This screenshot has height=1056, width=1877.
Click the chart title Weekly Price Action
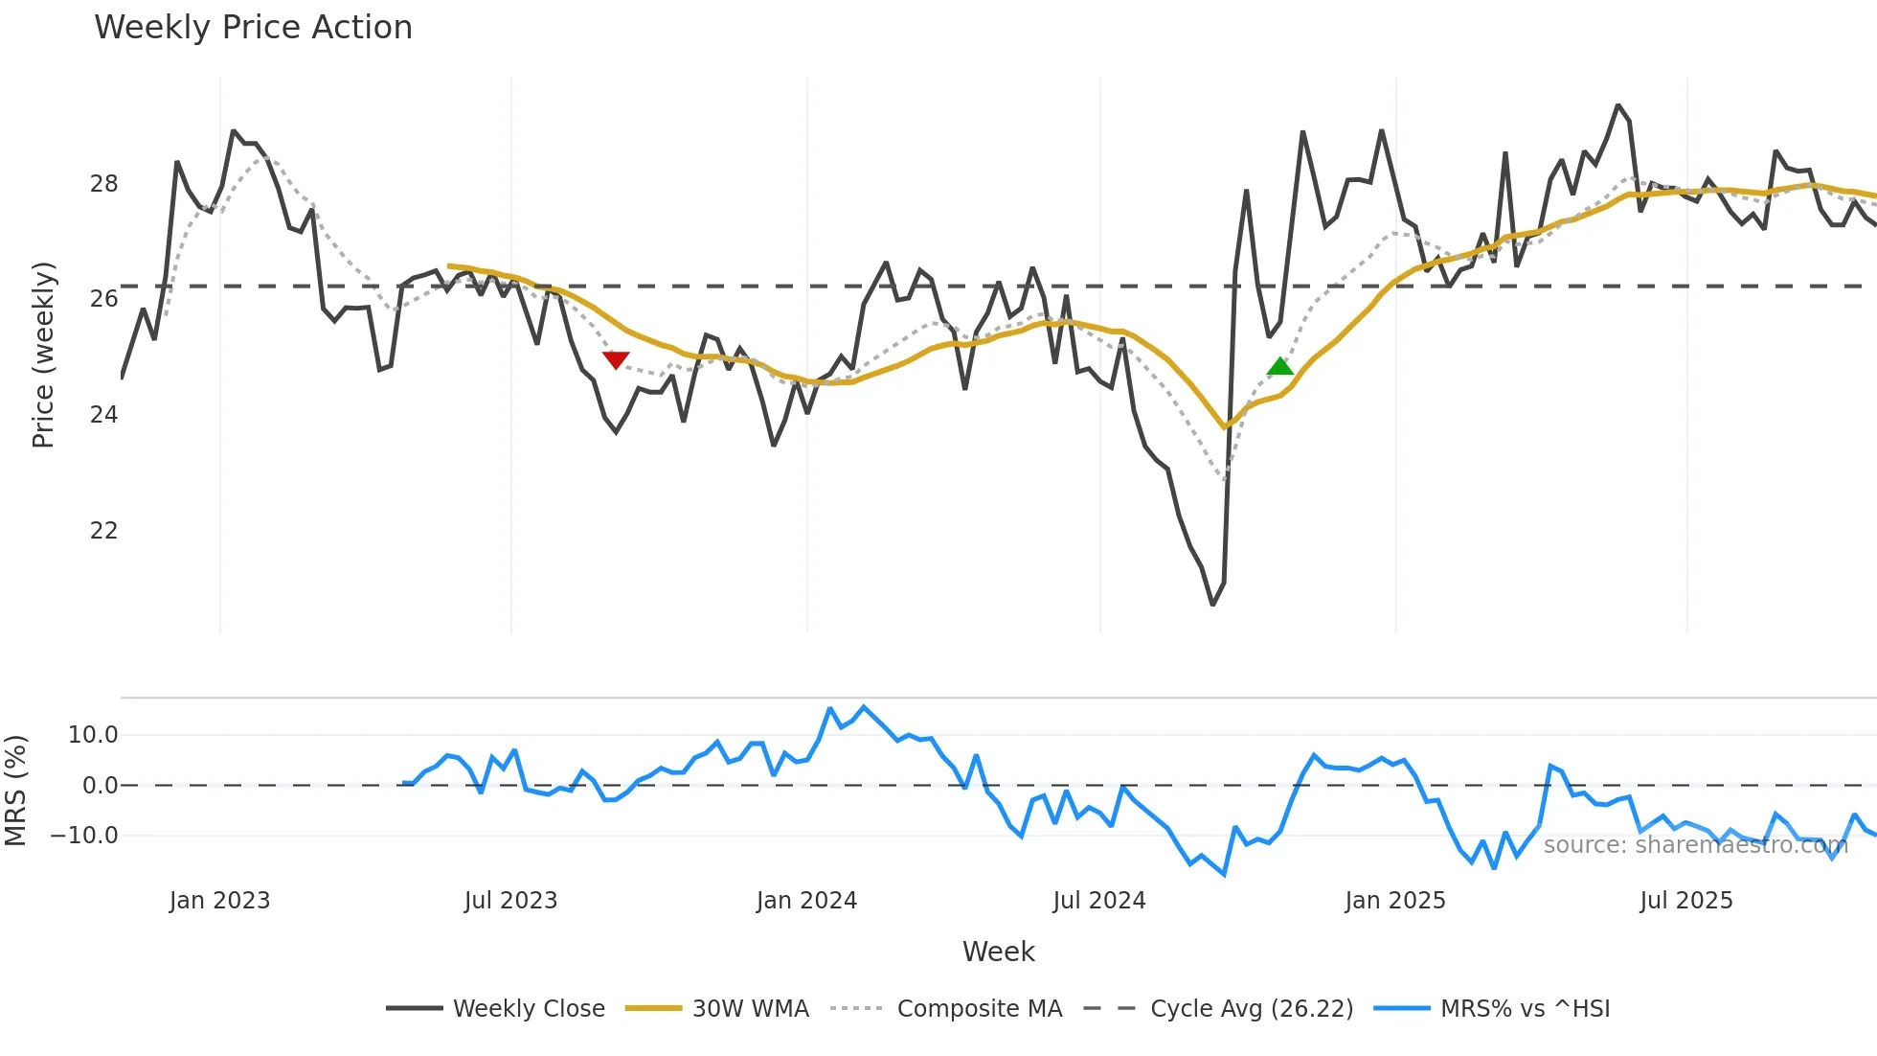pyautogui.click(x=253, y=28)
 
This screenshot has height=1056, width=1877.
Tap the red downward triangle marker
pyautogui.click(x=616, y=359)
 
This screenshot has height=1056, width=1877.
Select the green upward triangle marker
pyautogui.click(x=1280, y=366)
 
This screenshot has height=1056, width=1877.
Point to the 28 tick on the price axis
pyautogui.click(x=103, y=184)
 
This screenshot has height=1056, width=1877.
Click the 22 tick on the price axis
pyautogui.click(x=103, y=531)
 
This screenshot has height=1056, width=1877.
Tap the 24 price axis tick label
pyautogui.click(x=103, y=415)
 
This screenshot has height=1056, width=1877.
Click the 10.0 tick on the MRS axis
pyautogui.click(x=93, y=735)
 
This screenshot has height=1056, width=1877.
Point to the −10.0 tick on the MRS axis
pyautogui.click(x=84, y=836)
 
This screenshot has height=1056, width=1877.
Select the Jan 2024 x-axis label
pyautogui.click(x=806, y=901)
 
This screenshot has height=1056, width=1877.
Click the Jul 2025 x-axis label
pyautogui.click(x=1686, y=901)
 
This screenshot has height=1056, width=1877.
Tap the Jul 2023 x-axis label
pyautogui.click(x=510, y=901)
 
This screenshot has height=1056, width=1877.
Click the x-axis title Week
pyautogui.click(x=998, y=952)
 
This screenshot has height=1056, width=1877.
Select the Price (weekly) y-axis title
pyautogui.click(x=43, y=355)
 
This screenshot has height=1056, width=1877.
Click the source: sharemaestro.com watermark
pyautogui.click(x=1695, y=845)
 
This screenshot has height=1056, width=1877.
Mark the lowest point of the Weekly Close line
pyautogui.click(x=1212, y=605)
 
